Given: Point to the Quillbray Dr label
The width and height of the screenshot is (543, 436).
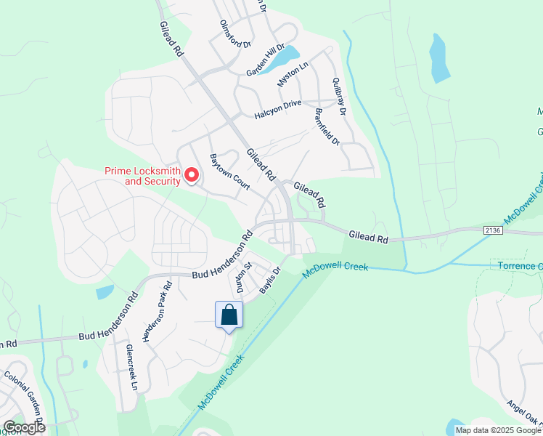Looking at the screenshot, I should [x=339, y=95].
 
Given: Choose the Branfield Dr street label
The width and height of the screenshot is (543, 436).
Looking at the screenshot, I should [x=327, y=127].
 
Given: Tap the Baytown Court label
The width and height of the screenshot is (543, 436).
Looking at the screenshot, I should [x=229, y=172].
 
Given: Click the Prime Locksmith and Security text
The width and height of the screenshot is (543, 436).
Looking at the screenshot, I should [x=142, y=176].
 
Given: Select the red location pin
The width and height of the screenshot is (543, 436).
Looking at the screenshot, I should [x=192, y=175].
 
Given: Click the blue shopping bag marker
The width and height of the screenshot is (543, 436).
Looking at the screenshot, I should [x=229, y=315].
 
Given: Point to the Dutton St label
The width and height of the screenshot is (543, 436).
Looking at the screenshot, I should [x=240, y=278].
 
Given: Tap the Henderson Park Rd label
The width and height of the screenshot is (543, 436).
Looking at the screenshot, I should [x=158, y=312].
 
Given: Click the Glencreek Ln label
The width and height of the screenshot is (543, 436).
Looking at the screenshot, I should [x=131, y=368].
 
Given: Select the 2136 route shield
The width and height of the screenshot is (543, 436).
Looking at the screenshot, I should [x=492, y=230].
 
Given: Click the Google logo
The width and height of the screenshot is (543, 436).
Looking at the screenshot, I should [x=24, y=427].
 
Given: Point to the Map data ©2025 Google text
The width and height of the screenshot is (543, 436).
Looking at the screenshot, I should [x=498, y=430].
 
